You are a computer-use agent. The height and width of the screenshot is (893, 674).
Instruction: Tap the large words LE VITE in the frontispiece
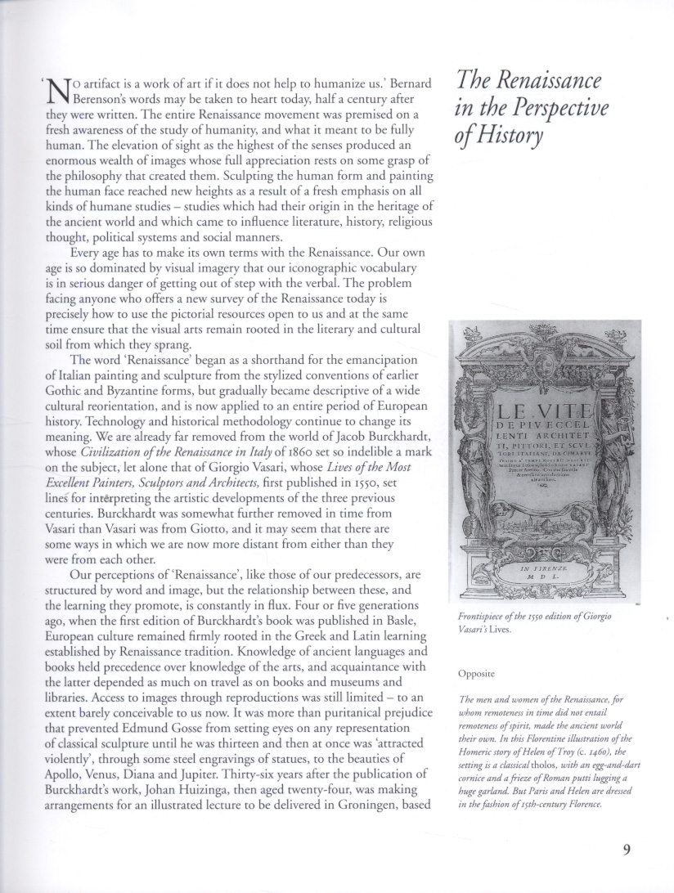(x=538, y=413)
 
